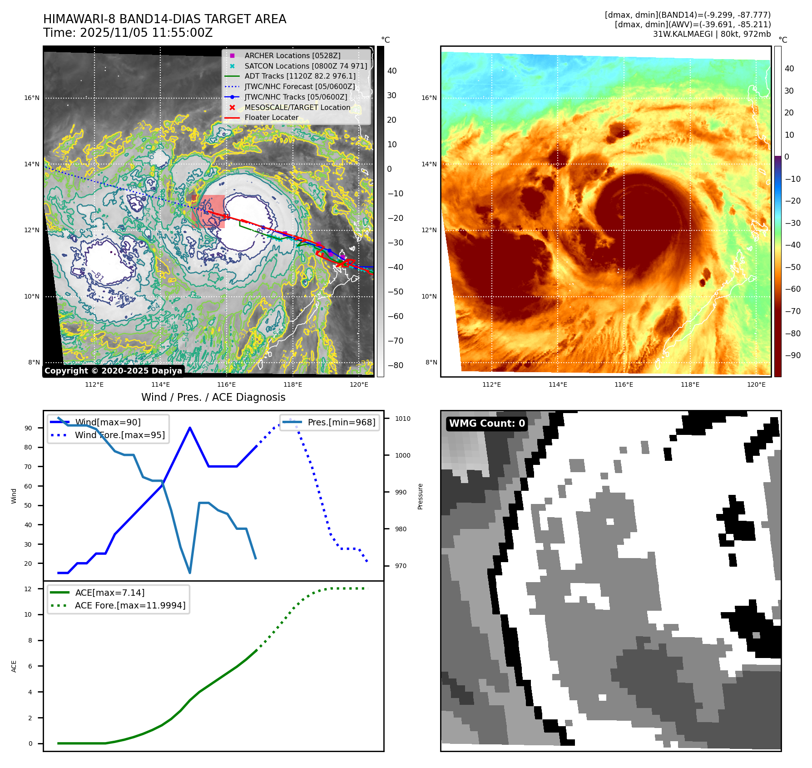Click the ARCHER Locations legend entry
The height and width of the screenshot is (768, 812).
[292, 55]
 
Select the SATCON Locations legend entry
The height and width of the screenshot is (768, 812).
[306, 66]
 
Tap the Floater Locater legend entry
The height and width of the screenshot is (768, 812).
[271, 117]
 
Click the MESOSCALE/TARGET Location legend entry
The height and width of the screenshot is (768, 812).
[297, 107]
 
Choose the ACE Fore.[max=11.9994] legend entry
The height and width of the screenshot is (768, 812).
[130, 605]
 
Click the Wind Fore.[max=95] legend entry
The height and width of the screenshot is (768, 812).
[120, 435]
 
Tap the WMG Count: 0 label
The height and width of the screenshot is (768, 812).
[487, 424]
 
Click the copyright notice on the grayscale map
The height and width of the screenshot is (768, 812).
[113, 371]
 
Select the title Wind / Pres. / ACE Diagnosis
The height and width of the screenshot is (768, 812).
[213, 397]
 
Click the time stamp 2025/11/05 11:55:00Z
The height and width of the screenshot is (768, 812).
[146, 33]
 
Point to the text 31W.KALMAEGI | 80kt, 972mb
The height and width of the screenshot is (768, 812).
[712, 34]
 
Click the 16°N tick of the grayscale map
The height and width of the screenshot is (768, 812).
[32, 98]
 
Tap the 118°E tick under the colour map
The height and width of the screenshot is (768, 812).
[690, 384]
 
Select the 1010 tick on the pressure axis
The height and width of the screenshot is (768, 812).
[402, 419]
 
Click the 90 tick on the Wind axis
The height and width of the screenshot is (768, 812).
[29, 428]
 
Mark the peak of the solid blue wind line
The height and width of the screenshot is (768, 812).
[189, 428]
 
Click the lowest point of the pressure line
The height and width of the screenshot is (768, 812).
[189, 573]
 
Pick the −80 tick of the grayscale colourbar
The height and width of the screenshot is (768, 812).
[395, 365]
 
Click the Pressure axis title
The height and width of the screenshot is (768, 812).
[420, 496]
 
